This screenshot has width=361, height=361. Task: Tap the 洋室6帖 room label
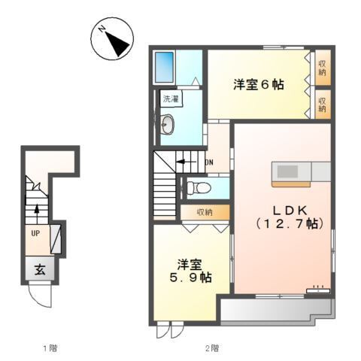coord(258,85)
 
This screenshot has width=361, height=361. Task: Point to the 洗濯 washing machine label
coord(171,99)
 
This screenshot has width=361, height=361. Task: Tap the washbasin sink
coord(167,126)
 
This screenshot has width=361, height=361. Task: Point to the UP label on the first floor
coord(35,233)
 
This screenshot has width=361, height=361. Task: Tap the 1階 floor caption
coord(50,347)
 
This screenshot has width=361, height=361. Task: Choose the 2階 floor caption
coord(213,347)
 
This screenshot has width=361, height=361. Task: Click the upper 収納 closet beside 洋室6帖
coord(322,68)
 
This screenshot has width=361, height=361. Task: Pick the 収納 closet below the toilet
coord(205,212)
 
